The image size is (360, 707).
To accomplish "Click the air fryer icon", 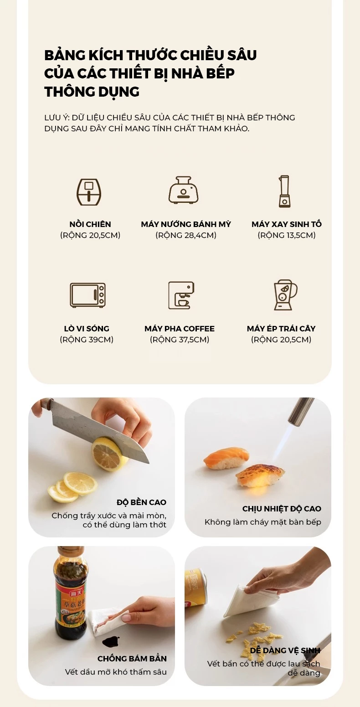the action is [x=89, y=192].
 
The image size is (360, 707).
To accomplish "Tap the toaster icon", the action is [x=183, y=190].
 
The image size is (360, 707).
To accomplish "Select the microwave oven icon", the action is [x=87, y=295].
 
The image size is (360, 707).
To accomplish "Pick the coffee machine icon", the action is [x=181, y=295].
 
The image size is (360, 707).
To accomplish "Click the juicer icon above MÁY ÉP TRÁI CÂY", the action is [x=285, y=295].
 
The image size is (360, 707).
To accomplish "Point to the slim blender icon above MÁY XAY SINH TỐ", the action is [x=284, y=191].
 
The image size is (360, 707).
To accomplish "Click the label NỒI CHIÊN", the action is [x=90, y=224].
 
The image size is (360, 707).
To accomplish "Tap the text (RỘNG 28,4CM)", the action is [x=186, y=235].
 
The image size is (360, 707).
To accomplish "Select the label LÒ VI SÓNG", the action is [x=87, y=328].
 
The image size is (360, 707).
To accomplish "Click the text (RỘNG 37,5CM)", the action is [x=180, y=340].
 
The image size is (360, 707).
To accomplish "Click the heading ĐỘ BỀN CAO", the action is [x=141, y=502].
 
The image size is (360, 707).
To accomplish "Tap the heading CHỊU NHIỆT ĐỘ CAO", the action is [x=282, y=509].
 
